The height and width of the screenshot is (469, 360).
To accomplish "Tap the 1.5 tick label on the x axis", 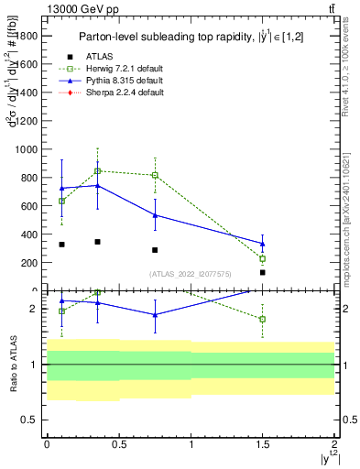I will click(x=262, y=442).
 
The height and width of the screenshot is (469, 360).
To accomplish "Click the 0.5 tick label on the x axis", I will click(x=117, y=442).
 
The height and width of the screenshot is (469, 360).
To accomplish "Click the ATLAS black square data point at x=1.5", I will click(x=262, y=272).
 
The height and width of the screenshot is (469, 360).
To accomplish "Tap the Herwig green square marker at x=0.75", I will click(x=155, y=175).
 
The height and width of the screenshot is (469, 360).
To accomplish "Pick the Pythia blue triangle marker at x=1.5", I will click(x=262, y=244).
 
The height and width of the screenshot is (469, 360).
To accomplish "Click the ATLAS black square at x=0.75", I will click(x=155, y=250).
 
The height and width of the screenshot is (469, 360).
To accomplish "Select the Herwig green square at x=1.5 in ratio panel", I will click(x=262, y=319).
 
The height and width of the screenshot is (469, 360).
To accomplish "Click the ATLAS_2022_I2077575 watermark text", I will click(x=190, y=274).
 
